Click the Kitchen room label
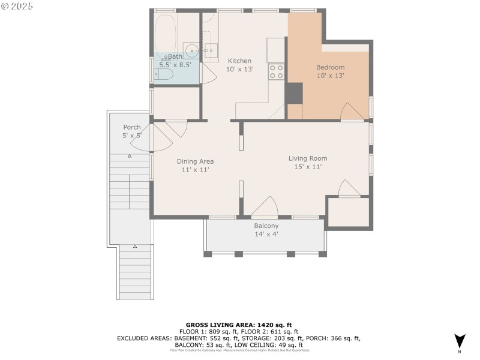[x=239, y=61]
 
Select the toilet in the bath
[x=163, y=74]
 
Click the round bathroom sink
[x=191, y=50]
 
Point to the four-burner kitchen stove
[x=276, y=72]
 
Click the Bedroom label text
[x=330, y=67]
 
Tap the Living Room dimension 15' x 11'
[x=308, y=167]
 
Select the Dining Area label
[x=195, y=161]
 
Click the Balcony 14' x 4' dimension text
[x=266, y=234]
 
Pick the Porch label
[x=132, y=127]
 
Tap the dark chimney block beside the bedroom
[x=294, y=93]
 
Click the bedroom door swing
[x=352, y=112]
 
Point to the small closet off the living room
[x=348, y=212]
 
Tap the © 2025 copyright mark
[x=17, y=6]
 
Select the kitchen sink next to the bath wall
[x=211, y=49]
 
